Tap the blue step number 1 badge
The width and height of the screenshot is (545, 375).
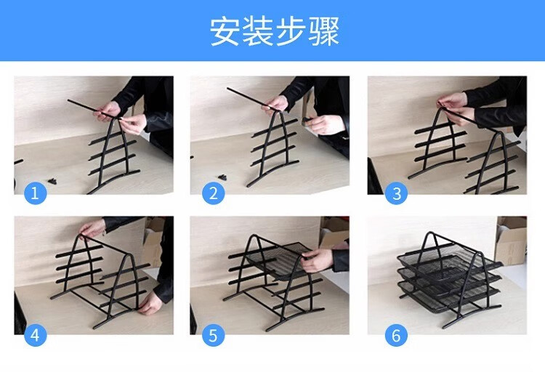tap(35, 193)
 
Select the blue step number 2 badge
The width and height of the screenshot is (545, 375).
tap(213, 193)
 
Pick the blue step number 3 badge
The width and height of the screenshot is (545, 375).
tap(396, 193)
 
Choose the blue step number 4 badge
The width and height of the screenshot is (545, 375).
tap(35, 335)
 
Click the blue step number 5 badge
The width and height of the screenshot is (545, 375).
tap(213, 335)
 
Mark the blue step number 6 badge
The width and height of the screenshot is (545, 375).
tap(396, 335)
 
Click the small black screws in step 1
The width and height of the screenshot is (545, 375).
tap(53, 181)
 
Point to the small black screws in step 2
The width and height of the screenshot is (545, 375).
tap(223, 177)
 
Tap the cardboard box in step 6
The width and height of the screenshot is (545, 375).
tap(511, 240)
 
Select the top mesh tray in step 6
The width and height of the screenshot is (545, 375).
tap(449, 265)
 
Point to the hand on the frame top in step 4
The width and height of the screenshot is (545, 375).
tap(92, 228)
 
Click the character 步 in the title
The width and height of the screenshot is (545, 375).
tap(291, 31)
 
